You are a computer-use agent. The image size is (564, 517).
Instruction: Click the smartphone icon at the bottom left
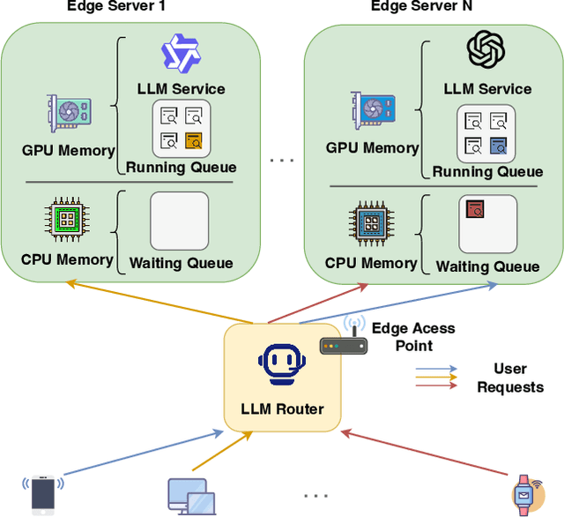click(43, 493)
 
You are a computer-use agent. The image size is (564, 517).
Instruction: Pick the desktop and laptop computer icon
click(190, 497)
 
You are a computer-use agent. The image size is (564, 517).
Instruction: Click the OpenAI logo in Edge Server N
click(486, 49)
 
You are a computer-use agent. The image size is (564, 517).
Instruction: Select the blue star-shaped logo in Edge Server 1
click(181, 53)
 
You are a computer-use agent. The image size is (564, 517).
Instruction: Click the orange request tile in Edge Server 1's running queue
click(194, 139)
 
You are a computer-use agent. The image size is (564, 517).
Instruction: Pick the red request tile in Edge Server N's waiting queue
click(476, 209)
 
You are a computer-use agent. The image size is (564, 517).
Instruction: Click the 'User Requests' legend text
click(510, 378)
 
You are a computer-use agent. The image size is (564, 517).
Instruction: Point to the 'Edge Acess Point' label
click(413, 335)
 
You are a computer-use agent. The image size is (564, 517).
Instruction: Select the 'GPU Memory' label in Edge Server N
click(372, 147)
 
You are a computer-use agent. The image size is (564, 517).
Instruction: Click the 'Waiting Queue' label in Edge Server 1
click(181, 263)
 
